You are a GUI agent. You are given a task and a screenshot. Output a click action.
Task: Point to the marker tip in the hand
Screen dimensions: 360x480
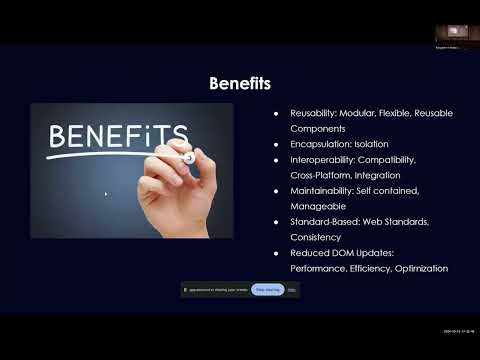point(188,158)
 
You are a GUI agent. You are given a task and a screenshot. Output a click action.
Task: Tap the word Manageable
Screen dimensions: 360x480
point(317,206)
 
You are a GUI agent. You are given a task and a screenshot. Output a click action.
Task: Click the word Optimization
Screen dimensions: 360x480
point(421,268)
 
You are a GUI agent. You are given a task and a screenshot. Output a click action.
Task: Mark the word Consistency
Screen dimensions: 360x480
point(316,237)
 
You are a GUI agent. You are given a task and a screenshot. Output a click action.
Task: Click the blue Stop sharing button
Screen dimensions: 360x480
point(267,289)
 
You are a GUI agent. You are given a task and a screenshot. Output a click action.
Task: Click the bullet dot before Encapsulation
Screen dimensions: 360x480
point(276,144)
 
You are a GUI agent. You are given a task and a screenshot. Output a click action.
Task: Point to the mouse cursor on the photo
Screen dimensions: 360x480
point(105,193)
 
